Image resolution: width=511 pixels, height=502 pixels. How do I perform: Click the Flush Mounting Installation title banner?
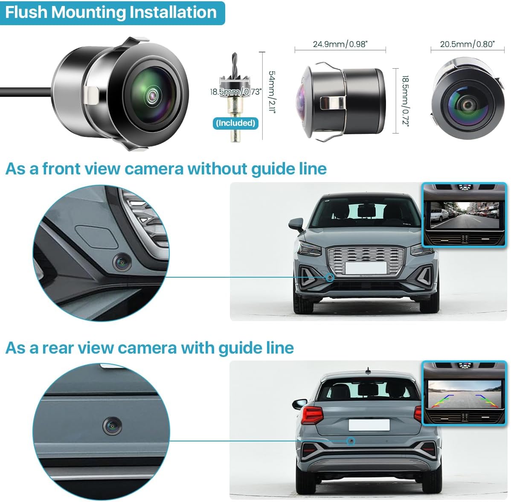click(x=111, y=12)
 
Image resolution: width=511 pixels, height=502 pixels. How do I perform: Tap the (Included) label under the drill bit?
click(x=235, y=123)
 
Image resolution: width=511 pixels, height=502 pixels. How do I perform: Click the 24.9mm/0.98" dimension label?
click(x=340, y=44)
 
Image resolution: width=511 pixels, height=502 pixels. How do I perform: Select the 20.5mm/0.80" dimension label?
click(x=467, y=44)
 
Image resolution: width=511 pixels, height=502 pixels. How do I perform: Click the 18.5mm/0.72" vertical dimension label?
click(x=405, y=101)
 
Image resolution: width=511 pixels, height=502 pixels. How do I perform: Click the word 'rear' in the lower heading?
click(x=61, y=348)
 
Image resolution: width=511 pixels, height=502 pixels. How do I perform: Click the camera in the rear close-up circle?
click(x=113, y=426)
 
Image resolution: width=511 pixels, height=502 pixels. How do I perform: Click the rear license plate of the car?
click(x=369, y=425)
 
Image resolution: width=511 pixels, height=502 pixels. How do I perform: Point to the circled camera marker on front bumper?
click(x=330, y=277)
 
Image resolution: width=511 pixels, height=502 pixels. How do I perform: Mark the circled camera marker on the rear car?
click(x=351, y=441)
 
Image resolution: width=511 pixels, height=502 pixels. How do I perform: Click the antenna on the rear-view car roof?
click(x=368, y=370)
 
